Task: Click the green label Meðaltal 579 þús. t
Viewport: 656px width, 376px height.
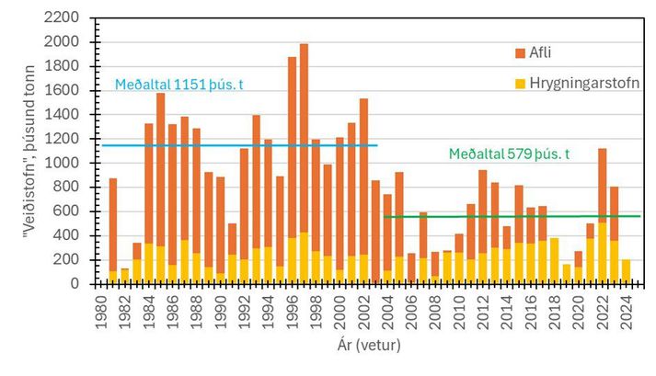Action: coord(509,154)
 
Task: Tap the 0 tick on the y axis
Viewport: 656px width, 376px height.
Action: coord(82,283)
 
